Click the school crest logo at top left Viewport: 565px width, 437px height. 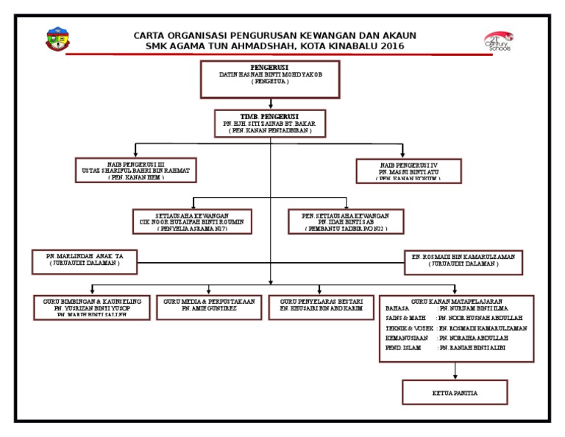pos(58,40)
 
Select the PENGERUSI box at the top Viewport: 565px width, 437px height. pos(270,79)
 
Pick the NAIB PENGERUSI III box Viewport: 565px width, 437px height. pos(136,170)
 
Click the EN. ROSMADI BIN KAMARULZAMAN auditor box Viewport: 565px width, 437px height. pos(463,262)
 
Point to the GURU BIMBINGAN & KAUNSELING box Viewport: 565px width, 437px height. pos(92,307)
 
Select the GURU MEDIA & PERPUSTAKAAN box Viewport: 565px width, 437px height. pos(210,307)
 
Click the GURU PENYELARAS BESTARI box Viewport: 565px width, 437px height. pos(316,307)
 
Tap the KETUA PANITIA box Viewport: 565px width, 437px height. pos(454,393)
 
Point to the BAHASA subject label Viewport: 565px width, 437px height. pos(397,308)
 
